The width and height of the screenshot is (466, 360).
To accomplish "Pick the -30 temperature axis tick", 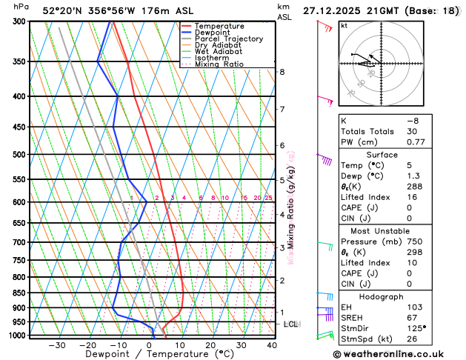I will point(56,345).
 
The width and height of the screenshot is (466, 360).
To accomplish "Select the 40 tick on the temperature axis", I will point(272,345).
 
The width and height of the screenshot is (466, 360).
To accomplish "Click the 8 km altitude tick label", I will point(282,72).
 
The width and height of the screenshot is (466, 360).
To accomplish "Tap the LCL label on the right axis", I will point(292,324).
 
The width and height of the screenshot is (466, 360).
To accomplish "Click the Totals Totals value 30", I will point(412,131).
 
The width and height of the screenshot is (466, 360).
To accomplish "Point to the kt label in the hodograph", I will point(344,25).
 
